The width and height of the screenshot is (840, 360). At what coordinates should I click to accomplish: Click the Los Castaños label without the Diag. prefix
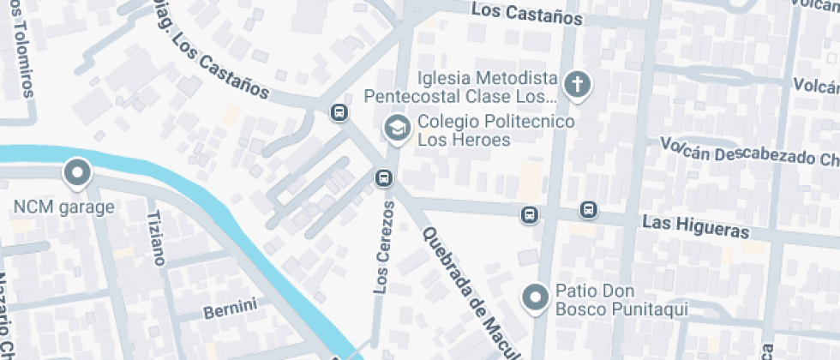pyautogui.click(x=527, y=15)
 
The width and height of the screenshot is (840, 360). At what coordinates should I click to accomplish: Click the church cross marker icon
pyautogui.click(x=578, y=85)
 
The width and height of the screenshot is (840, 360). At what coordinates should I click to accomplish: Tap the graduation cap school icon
pyautogui.click(x=396, y=129)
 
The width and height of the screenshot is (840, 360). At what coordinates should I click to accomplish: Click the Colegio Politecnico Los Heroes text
pyautogui.click(x=495, y=130)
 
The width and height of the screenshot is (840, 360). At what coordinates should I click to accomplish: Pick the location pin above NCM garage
pyautogui.click(x=78, y=174)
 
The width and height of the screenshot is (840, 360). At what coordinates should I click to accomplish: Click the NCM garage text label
pyautogui.click(x=63, y=207)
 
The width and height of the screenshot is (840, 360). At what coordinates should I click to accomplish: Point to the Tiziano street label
pyautogui.click(x=155, y=237)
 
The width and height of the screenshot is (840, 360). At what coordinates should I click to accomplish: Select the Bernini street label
pyautogui.click(x=230, y=308)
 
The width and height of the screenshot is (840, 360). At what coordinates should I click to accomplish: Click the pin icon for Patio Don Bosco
pyautogui.click(x=537, y=297)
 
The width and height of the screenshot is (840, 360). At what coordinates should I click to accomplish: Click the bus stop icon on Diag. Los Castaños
pyautogui.click(x=339, y=111)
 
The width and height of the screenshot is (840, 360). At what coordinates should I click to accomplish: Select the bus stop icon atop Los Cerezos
pyautogui.click(x=382, y=178)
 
